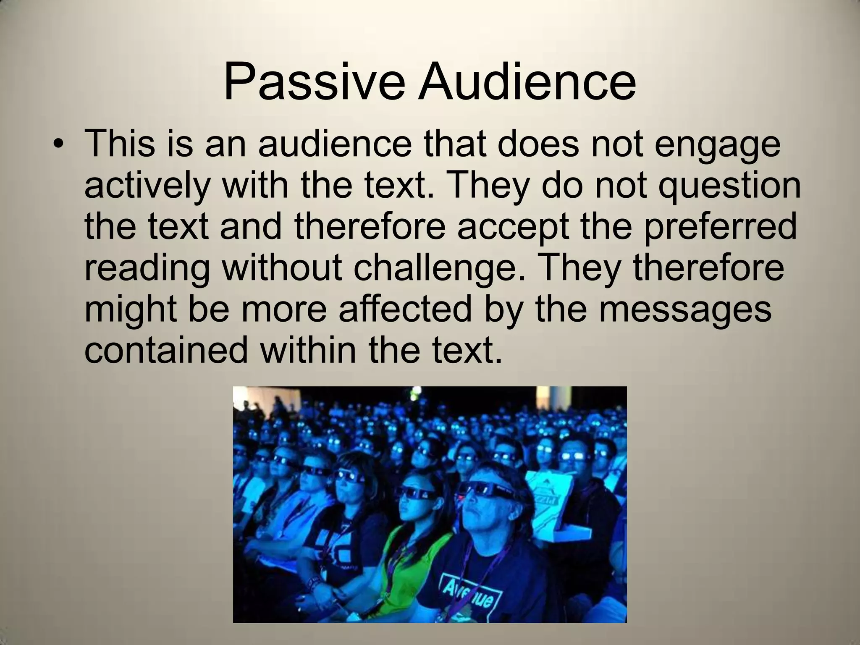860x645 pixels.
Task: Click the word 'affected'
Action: [405, 308]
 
